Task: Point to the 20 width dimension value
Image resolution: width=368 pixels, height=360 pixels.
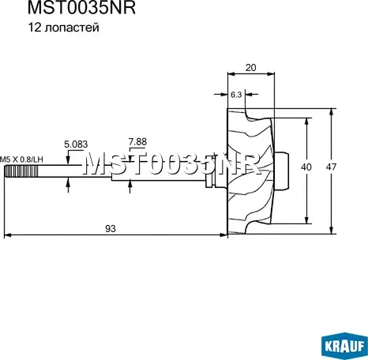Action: point(252,68)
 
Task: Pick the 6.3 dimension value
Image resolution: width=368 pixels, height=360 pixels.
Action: point(236,94)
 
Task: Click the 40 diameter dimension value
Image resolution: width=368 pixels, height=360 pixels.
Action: point(306,167)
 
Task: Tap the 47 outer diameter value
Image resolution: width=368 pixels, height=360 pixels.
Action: point(332,167)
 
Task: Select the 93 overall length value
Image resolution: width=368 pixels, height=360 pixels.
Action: point(111,228)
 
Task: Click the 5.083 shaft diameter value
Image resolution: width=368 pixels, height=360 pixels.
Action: point(77,144)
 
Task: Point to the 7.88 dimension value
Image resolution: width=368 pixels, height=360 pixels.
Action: point(137,143)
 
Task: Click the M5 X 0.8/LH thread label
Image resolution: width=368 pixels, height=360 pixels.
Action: point(21,159)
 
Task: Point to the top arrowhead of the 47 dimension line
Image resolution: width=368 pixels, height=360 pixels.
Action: point(331,110)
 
